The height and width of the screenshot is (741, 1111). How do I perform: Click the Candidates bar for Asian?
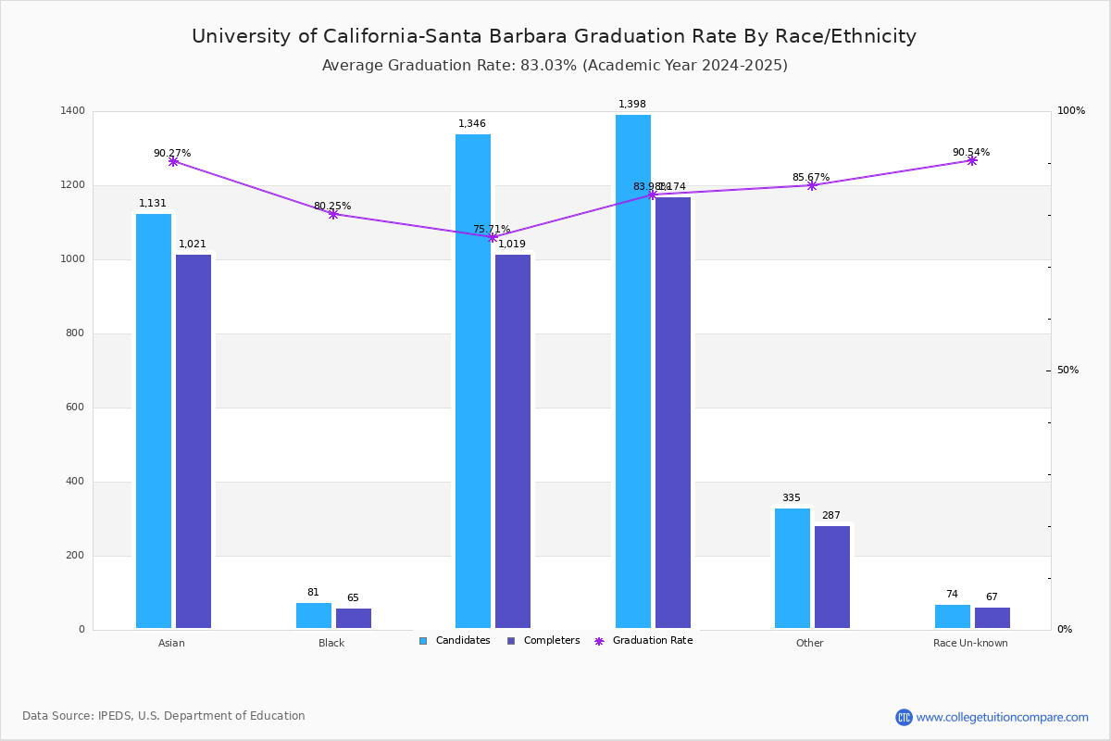(x=154, y=421)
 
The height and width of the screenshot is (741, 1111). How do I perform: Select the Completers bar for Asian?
(x=193, y=442)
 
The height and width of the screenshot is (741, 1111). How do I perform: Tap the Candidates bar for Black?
(x=314, y=616)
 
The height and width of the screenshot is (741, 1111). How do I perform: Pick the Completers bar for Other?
(x=832, y=578)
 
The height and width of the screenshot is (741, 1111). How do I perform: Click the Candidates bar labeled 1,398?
(x=633, y=370)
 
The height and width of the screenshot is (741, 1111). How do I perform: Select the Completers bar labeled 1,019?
(x=513, y=442)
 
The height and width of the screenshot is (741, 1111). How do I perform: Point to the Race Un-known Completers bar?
(x=992, y=618)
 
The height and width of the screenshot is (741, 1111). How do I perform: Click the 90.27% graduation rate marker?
(x=173, y=161)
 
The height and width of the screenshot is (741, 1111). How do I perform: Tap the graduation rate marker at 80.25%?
(x=333, y=214)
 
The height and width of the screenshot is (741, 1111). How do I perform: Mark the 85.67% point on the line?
(x=812, y=185)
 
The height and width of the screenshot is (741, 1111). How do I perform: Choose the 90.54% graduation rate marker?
(x=972, y=160)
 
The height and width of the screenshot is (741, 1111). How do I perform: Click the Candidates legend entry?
(x=455, y=641)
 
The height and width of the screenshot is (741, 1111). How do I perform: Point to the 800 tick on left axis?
(x=75, y=333)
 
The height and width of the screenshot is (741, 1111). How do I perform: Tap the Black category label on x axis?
(x=331, y=643)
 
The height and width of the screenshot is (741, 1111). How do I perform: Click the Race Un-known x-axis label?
(x=970, y=643)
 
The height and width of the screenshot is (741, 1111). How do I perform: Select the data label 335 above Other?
(x=791, y=498)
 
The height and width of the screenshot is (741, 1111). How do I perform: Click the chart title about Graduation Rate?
(x=554, y=36)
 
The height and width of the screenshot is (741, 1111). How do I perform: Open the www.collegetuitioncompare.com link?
(x=1002, y=717)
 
